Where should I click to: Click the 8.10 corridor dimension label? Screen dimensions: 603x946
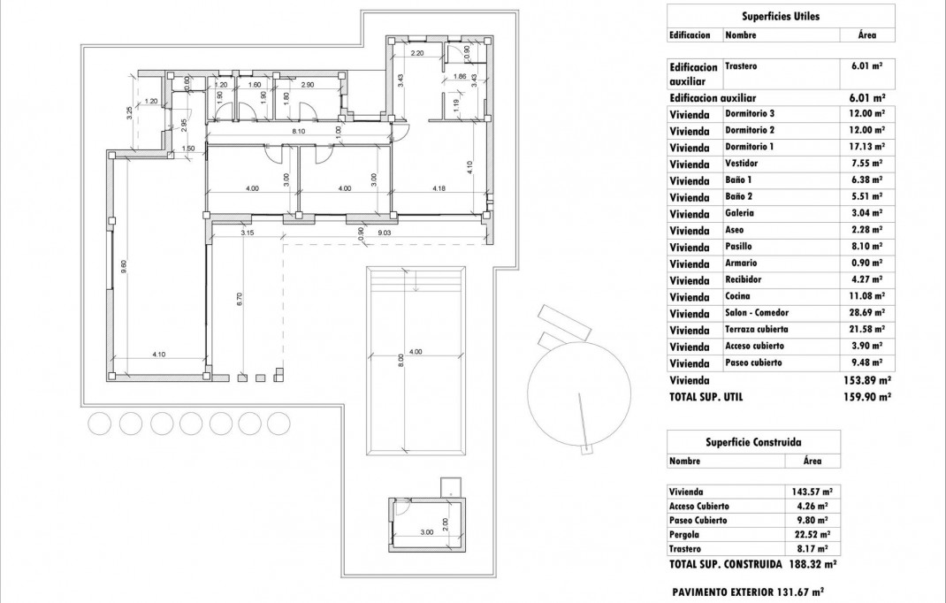[299, 132]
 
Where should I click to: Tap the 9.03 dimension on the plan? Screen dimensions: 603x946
[385, 233]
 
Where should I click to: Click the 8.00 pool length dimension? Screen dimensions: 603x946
[401, 361]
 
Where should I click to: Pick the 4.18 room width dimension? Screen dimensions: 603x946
[439, 187]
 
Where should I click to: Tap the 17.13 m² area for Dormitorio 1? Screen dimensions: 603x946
[867, 147]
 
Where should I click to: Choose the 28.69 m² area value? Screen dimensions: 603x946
[867, 313]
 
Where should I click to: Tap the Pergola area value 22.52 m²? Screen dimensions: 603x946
[812, 534]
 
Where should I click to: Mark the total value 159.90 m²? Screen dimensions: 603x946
[866, 397]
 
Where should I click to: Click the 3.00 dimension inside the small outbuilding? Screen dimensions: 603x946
[426, 532]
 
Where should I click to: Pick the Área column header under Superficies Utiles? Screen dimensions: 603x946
[866, 35]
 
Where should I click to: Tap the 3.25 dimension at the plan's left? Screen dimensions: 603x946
[130, 112]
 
